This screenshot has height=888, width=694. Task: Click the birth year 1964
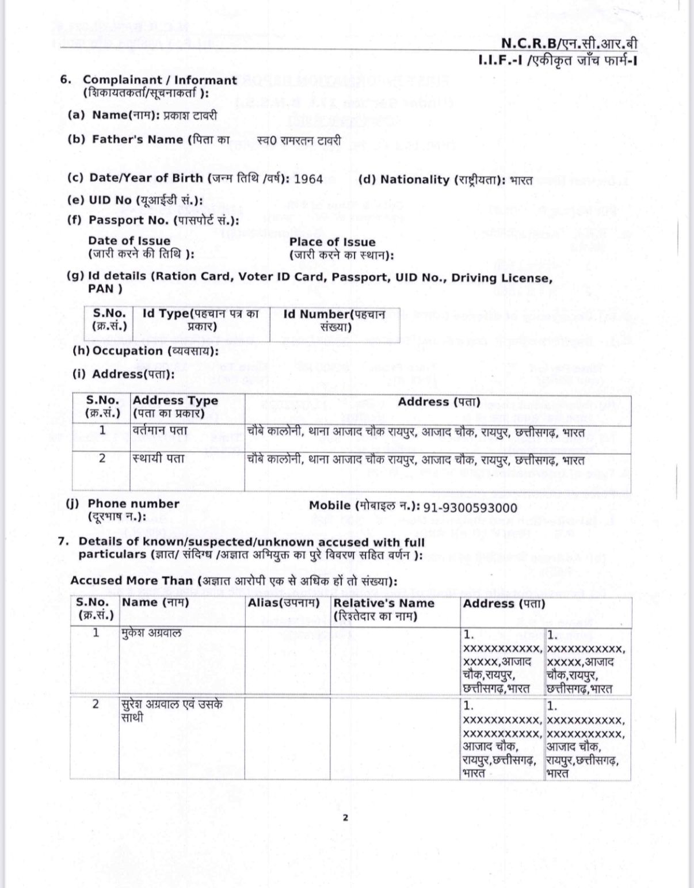(x=308, y=179)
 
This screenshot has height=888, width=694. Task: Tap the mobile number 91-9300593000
(x=470, y=508)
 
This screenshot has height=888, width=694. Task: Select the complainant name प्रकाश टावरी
(x=190, y=115)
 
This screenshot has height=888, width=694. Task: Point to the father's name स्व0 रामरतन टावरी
(x=299, y=140)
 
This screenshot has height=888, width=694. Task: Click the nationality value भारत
(x=521, y=180)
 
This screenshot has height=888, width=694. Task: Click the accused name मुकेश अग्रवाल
(x=151, y=633)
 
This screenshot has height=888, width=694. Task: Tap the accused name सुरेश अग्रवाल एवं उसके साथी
(x=171, y=711)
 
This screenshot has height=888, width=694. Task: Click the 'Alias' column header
(x=283, y=603)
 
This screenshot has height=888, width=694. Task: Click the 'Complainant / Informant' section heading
(x=159, y=81)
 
